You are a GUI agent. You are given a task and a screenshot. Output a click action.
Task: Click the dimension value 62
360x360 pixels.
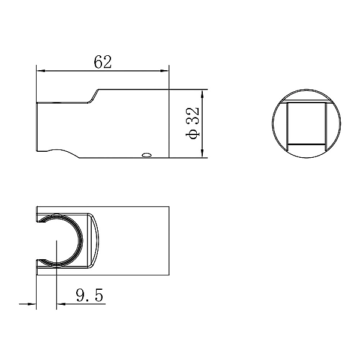pyautogui.click(x=103, y=62)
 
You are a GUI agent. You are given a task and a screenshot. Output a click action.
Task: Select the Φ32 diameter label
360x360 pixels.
pyautogui.click(x=193, y=123)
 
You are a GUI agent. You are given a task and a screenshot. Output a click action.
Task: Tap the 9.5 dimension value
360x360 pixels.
pyautogui.click(x=89, y=295)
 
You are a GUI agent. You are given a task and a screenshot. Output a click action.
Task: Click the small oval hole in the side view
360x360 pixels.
pyautogui.click(x=146, y=155)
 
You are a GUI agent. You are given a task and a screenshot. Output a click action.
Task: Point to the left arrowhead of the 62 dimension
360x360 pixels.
pyautogui.click(x=40, y=71)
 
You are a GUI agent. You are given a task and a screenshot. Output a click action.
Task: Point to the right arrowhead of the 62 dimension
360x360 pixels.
pyautogui.click(x=164, y=71)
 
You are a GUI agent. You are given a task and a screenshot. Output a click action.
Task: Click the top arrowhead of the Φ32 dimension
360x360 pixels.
pyautogui.click(x=202, y=94)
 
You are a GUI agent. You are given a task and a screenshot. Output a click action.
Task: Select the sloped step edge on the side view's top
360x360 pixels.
pyautogui.click(x=94, y=96)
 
